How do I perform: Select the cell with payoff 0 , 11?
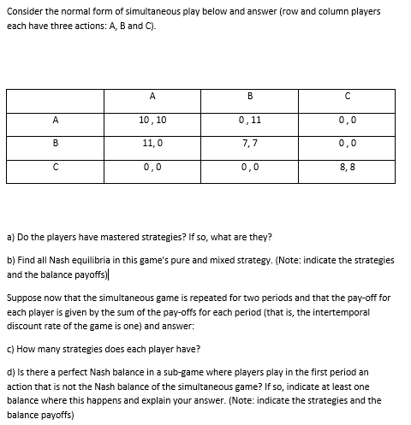[x=249, y=121]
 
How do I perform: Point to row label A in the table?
[x=55, y=121]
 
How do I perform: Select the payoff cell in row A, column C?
[x=347, y=121]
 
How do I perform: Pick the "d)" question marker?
[x=11, y=374]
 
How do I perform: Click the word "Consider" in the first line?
[x=27, y=12]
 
